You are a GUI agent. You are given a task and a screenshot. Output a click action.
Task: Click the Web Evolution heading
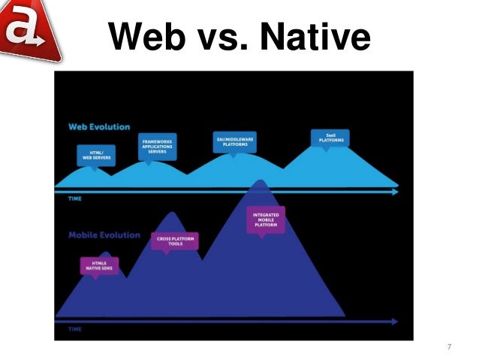click(99, 126)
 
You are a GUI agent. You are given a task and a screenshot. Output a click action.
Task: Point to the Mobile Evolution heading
click(104, 234)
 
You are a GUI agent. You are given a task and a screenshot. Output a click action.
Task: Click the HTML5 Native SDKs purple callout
click(99, 265)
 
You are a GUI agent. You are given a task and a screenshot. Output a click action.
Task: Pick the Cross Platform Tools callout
click(174, 241)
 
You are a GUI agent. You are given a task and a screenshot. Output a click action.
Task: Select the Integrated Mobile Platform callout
click(266, 219)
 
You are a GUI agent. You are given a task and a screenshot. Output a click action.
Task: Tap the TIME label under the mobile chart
click(75, 329)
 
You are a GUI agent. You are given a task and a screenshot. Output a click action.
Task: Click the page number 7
click(449, 346)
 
